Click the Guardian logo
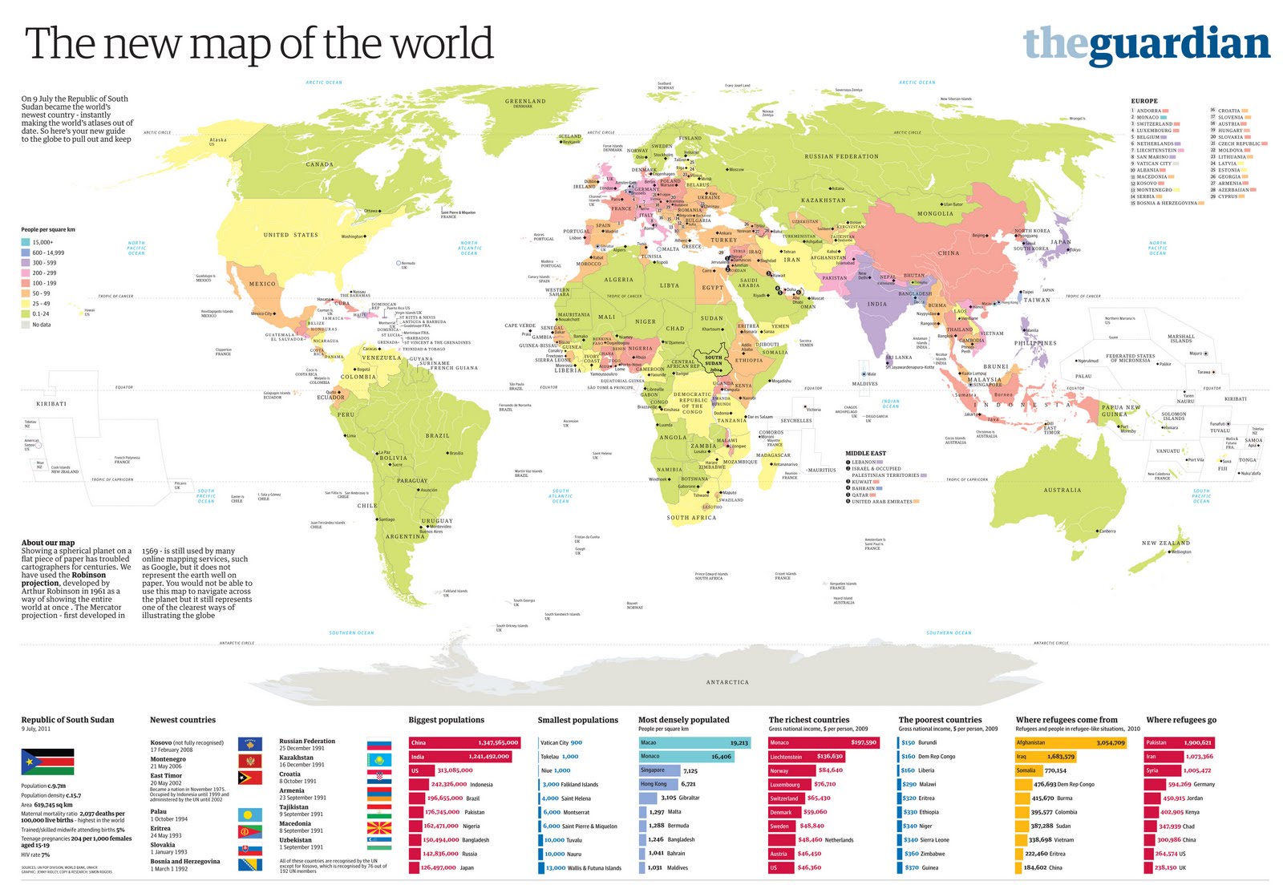(1146, 45)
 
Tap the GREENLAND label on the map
(525, 102)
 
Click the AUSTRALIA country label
(1062, 490)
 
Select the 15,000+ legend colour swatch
(26, 242)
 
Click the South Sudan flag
(47, 762)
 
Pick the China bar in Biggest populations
(464, 742)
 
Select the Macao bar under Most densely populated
(694, 742)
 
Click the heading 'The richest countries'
(808, 720)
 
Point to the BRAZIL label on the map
(438, 436)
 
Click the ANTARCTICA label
(726, 682)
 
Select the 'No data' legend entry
(40, 325)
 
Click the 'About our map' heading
(48, 543)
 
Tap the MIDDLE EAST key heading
(865, 454)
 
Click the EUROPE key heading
(1143, 101)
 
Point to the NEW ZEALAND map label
(1165, 543)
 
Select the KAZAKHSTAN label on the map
(823, 200)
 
